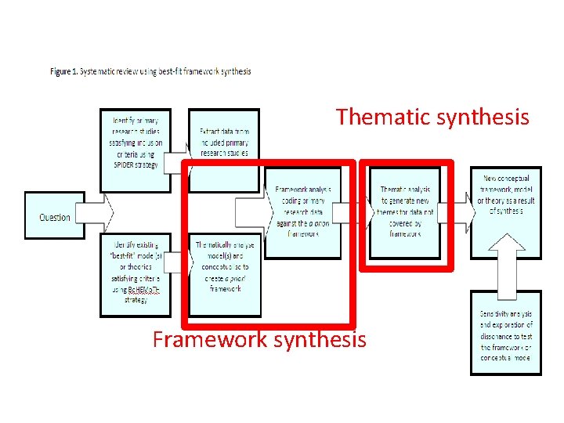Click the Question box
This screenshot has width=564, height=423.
point(54,217)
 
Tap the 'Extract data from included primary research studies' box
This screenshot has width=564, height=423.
point(224,149)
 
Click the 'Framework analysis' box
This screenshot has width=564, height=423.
point(303,211)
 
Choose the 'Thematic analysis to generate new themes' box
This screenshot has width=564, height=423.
point(405,211)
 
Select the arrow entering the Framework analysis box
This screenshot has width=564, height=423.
point(250,211)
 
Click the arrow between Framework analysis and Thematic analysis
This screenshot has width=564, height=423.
point(356,212)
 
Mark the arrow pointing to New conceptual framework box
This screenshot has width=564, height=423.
point(457,212)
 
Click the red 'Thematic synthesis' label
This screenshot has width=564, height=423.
point(432,117)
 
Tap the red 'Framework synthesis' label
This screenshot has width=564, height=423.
point(259,340)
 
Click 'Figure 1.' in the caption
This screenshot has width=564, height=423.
point(64,71)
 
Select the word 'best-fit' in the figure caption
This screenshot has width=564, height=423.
point(170,71)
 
